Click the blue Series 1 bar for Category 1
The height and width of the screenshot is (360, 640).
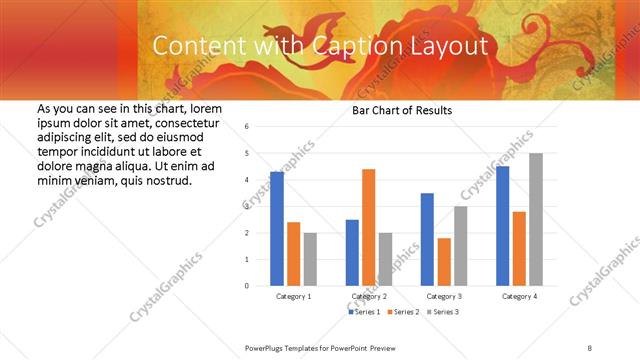[277, 229]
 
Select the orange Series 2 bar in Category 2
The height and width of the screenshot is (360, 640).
[368, 227]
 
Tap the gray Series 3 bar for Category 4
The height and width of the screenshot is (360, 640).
[536, 219]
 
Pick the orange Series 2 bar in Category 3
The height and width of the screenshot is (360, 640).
[444, 262]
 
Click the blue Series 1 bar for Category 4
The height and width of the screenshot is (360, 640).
[502, 226]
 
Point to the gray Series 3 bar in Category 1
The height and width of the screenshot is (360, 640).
[310, 259]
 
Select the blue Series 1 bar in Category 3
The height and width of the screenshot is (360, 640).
[427, 239]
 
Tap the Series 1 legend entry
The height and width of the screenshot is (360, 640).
[363, 313]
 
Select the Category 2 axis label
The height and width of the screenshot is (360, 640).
[368, 297]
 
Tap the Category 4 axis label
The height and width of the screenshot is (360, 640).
[518, 297]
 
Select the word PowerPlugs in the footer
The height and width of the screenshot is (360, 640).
[266, 347]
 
